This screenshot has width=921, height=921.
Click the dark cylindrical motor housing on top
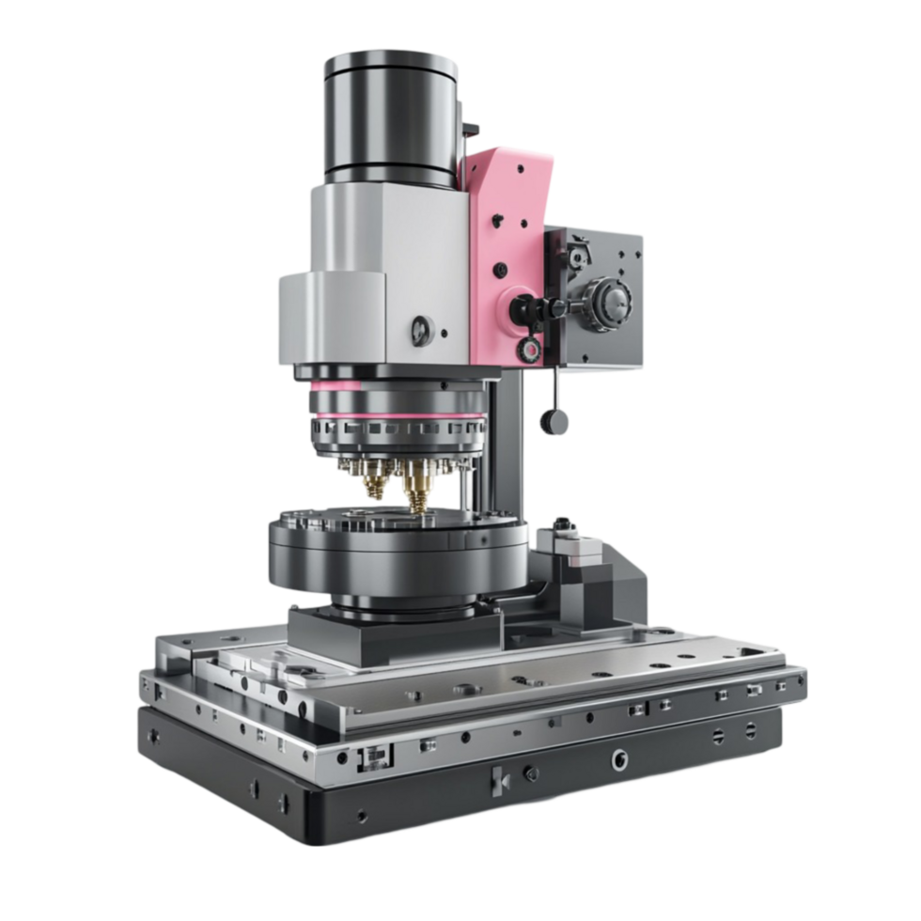pyautogui.click(x=390, y=117)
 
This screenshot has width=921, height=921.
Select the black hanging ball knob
pyautogui.click(x=554, y=420)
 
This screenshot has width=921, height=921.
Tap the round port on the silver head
pyautogui.click(x=420, y=329)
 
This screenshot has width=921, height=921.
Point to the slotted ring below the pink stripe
pyautogui.click(x=395, y=432)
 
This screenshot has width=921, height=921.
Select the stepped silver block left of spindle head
pyautogui.click(x=329, y=320)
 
